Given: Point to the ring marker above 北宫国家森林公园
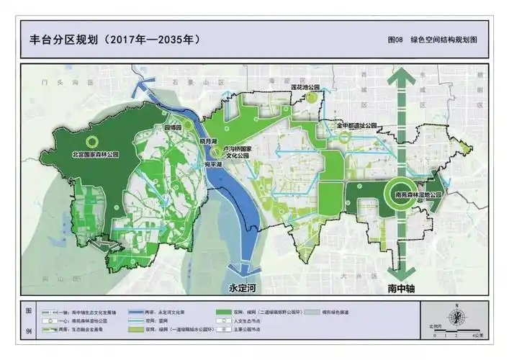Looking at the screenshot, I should pyautogui.click(x=91, y=141).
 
